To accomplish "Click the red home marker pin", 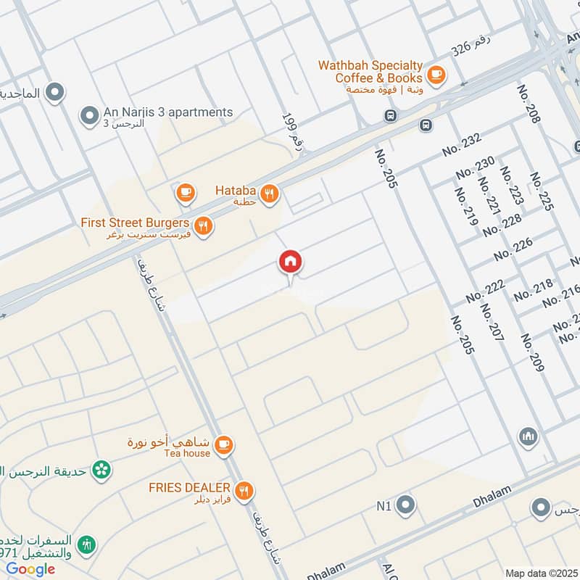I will [291, 262].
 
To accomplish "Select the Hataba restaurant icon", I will [270, 194].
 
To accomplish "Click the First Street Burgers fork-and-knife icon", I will [204, 225].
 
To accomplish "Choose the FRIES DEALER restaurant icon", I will [245, 491].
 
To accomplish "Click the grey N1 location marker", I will [405, 505].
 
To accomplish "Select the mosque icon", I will [526, 437].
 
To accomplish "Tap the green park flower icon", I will [101, 470].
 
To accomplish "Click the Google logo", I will [30, 569].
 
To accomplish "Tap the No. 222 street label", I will [485, 291].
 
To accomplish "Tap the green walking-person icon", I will [89, 543].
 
